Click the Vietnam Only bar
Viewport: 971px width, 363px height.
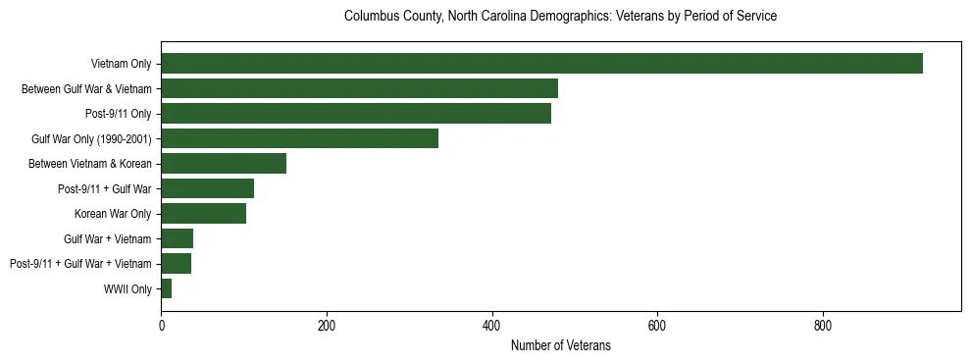tap(541, 64)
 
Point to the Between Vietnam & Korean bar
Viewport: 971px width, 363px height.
tap(224, 164)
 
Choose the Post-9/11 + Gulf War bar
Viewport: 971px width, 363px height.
tap(207, 188)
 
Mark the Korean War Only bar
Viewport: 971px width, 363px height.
tap(203, 214)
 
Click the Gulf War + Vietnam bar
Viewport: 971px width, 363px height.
tap(178, 238)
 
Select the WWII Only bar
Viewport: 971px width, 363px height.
tap(167, 288)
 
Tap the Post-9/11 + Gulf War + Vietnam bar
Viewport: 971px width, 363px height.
tap(177, 264)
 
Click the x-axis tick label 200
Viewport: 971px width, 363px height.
tap(327, 325)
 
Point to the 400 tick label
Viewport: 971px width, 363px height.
tap(491, 325)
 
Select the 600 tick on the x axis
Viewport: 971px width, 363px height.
tap(657, 325)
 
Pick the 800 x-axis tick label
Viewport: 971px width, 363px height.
tap(823, 325)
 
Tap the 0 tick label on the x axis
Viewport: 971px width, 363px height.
tap(161, 325)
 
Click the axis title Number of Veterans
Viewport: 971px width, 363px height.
tap(561, 345)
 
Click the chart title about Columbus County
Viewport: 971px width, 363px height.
tap(561, 17)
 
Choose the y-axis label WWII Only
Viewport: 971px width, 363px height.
tap(128, 288)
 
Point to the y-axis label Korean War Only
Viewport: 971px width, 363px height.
tap(113, 214)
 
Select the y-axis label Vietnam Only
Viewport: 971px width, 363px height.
tap(120, 64)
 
